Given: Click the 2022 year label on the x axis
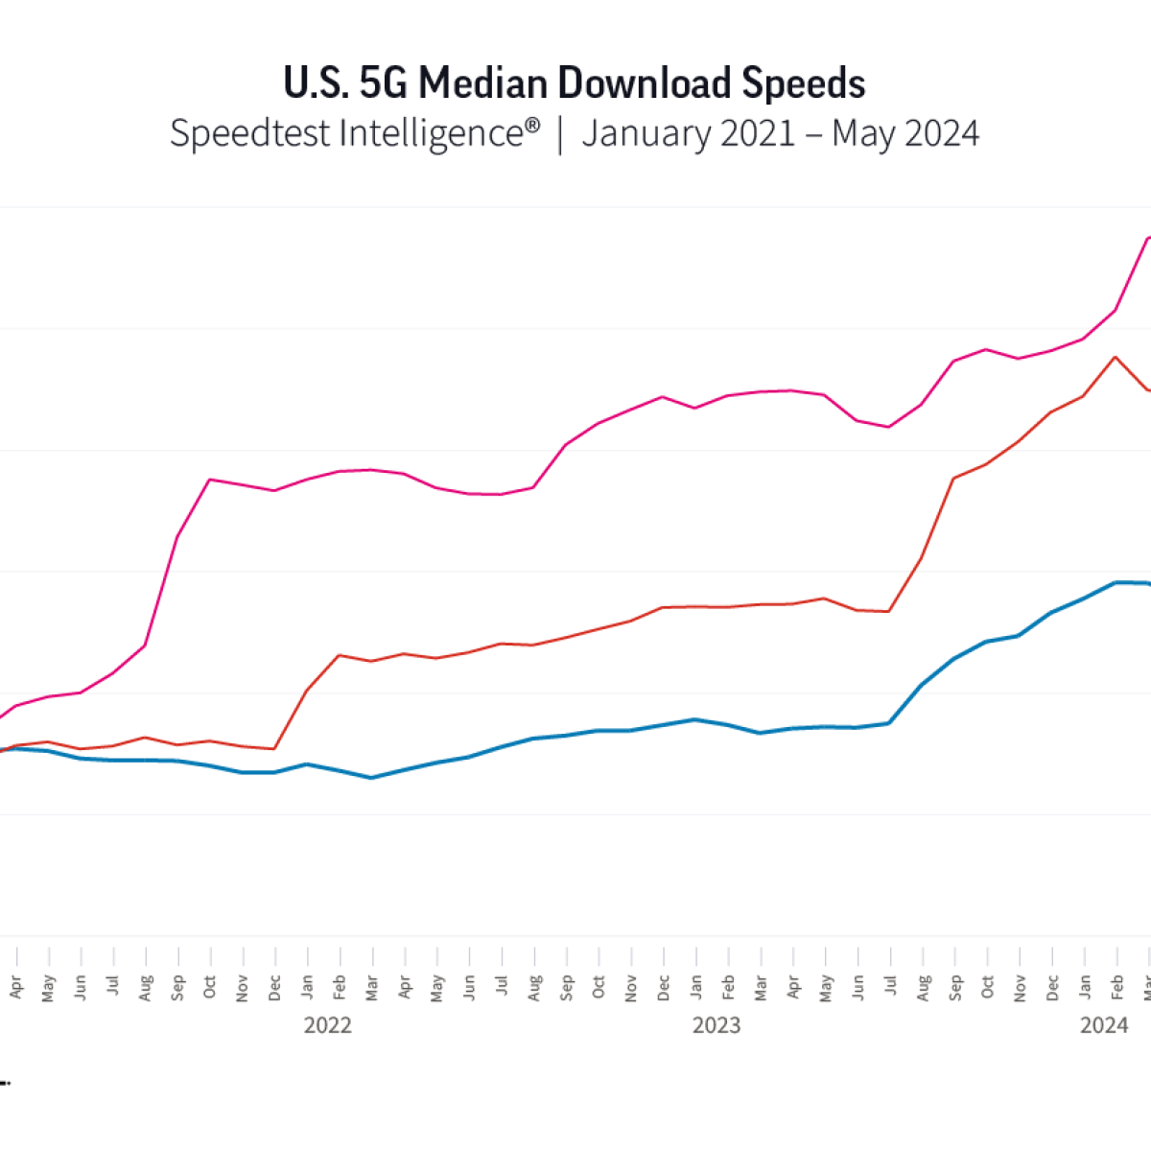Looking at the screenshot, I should pos(328,1025).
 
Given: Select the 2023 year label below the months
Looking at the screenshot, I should pos(716,1025).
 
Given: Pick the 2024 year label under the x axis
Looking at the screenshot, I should pos(1104,1025).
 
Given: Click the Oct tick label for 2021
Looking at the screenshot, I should pos(210,988).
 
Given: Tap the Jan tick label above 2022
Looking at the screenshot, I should pos(307,988).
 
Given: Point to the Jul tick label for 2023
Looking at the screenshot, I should pos(890,988).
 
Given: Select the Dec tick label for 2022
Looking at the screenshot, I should pos(663,988).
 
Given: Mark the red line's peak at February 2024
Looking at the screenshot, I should pos(1115,357).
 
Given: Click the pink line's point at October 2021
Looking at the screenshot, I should pos(210,480).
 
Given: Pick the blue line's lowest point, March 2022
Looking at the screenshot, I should pos(371,778).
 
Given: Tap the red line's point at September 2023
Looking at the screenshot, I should pos(954,478).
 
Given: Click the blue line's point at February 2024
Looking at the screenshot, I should pos(1116,582).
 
